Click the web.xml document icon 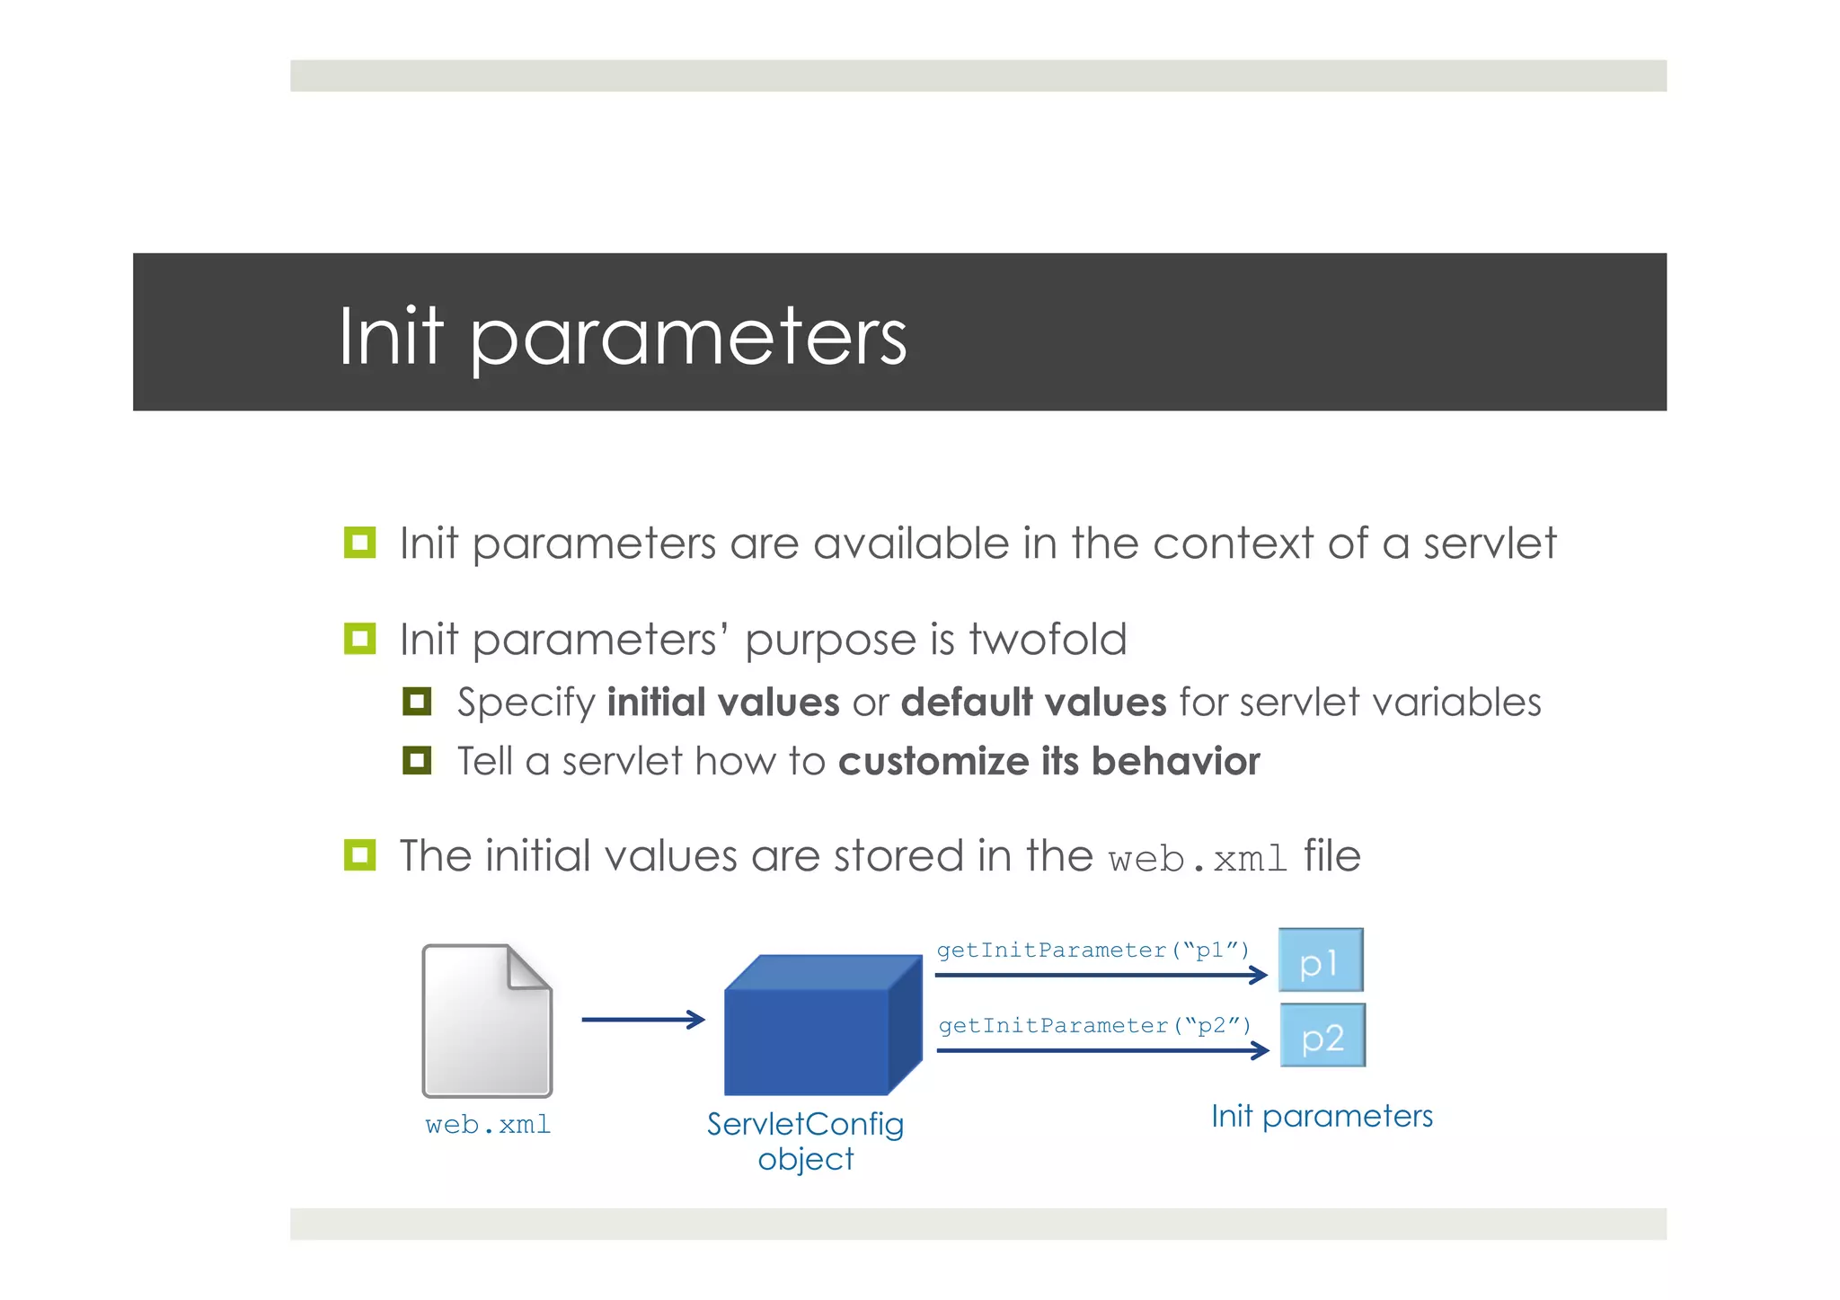[x=486, y=1021]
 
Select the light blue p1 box [x=1320, y=960]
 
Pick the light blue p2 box [x=1322, y=1036]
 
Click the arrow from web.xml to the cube [x=643, y=1020]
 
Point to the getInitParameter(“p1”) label [x=1092, y=951]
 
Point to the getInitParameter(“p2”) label [x=1094, y=1026]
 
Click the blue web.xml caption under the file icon [x=488, y=1125]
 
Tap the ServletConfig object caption [x=805, y=1141]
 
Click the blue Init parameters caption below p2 [x=1322, y=1116]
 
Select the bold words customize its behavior [x=1048, y=762]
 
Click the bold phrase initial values [x=723, y=703]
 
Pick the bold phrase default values [x=1033, y=703]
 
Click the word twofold [x=1047, y=640]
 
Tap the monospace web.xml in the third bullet [x=1198, y=859]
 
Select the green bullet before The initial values [x=359, y=854]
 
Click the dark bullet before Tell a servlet [x=417, y=761]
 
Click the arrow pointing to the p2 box [x=1102, y=1050]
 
